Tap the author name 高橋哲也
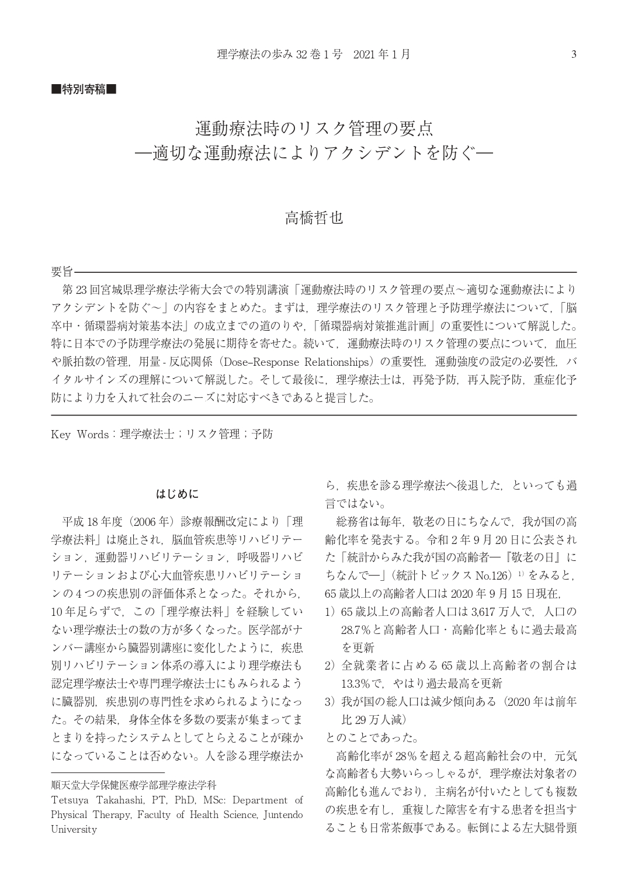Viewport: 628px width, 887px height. pyautogui.click(x=314, y=218)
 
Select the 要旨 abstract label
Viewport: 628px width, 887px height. pyautogui.click(x=62, y=272)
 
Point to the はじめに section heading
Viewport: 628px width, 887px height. pyautogui.click(x=177, y=494)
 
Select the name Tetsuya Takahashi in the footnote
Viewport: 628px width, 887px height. pyautogui.click(x=98, y=800)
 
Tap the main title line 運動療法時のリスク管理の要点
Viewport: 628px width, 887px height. pyautogui.click(x=314, y=128)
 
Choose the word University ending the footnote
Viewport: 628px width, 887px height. pyautogui.click(x=74, y=829)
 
